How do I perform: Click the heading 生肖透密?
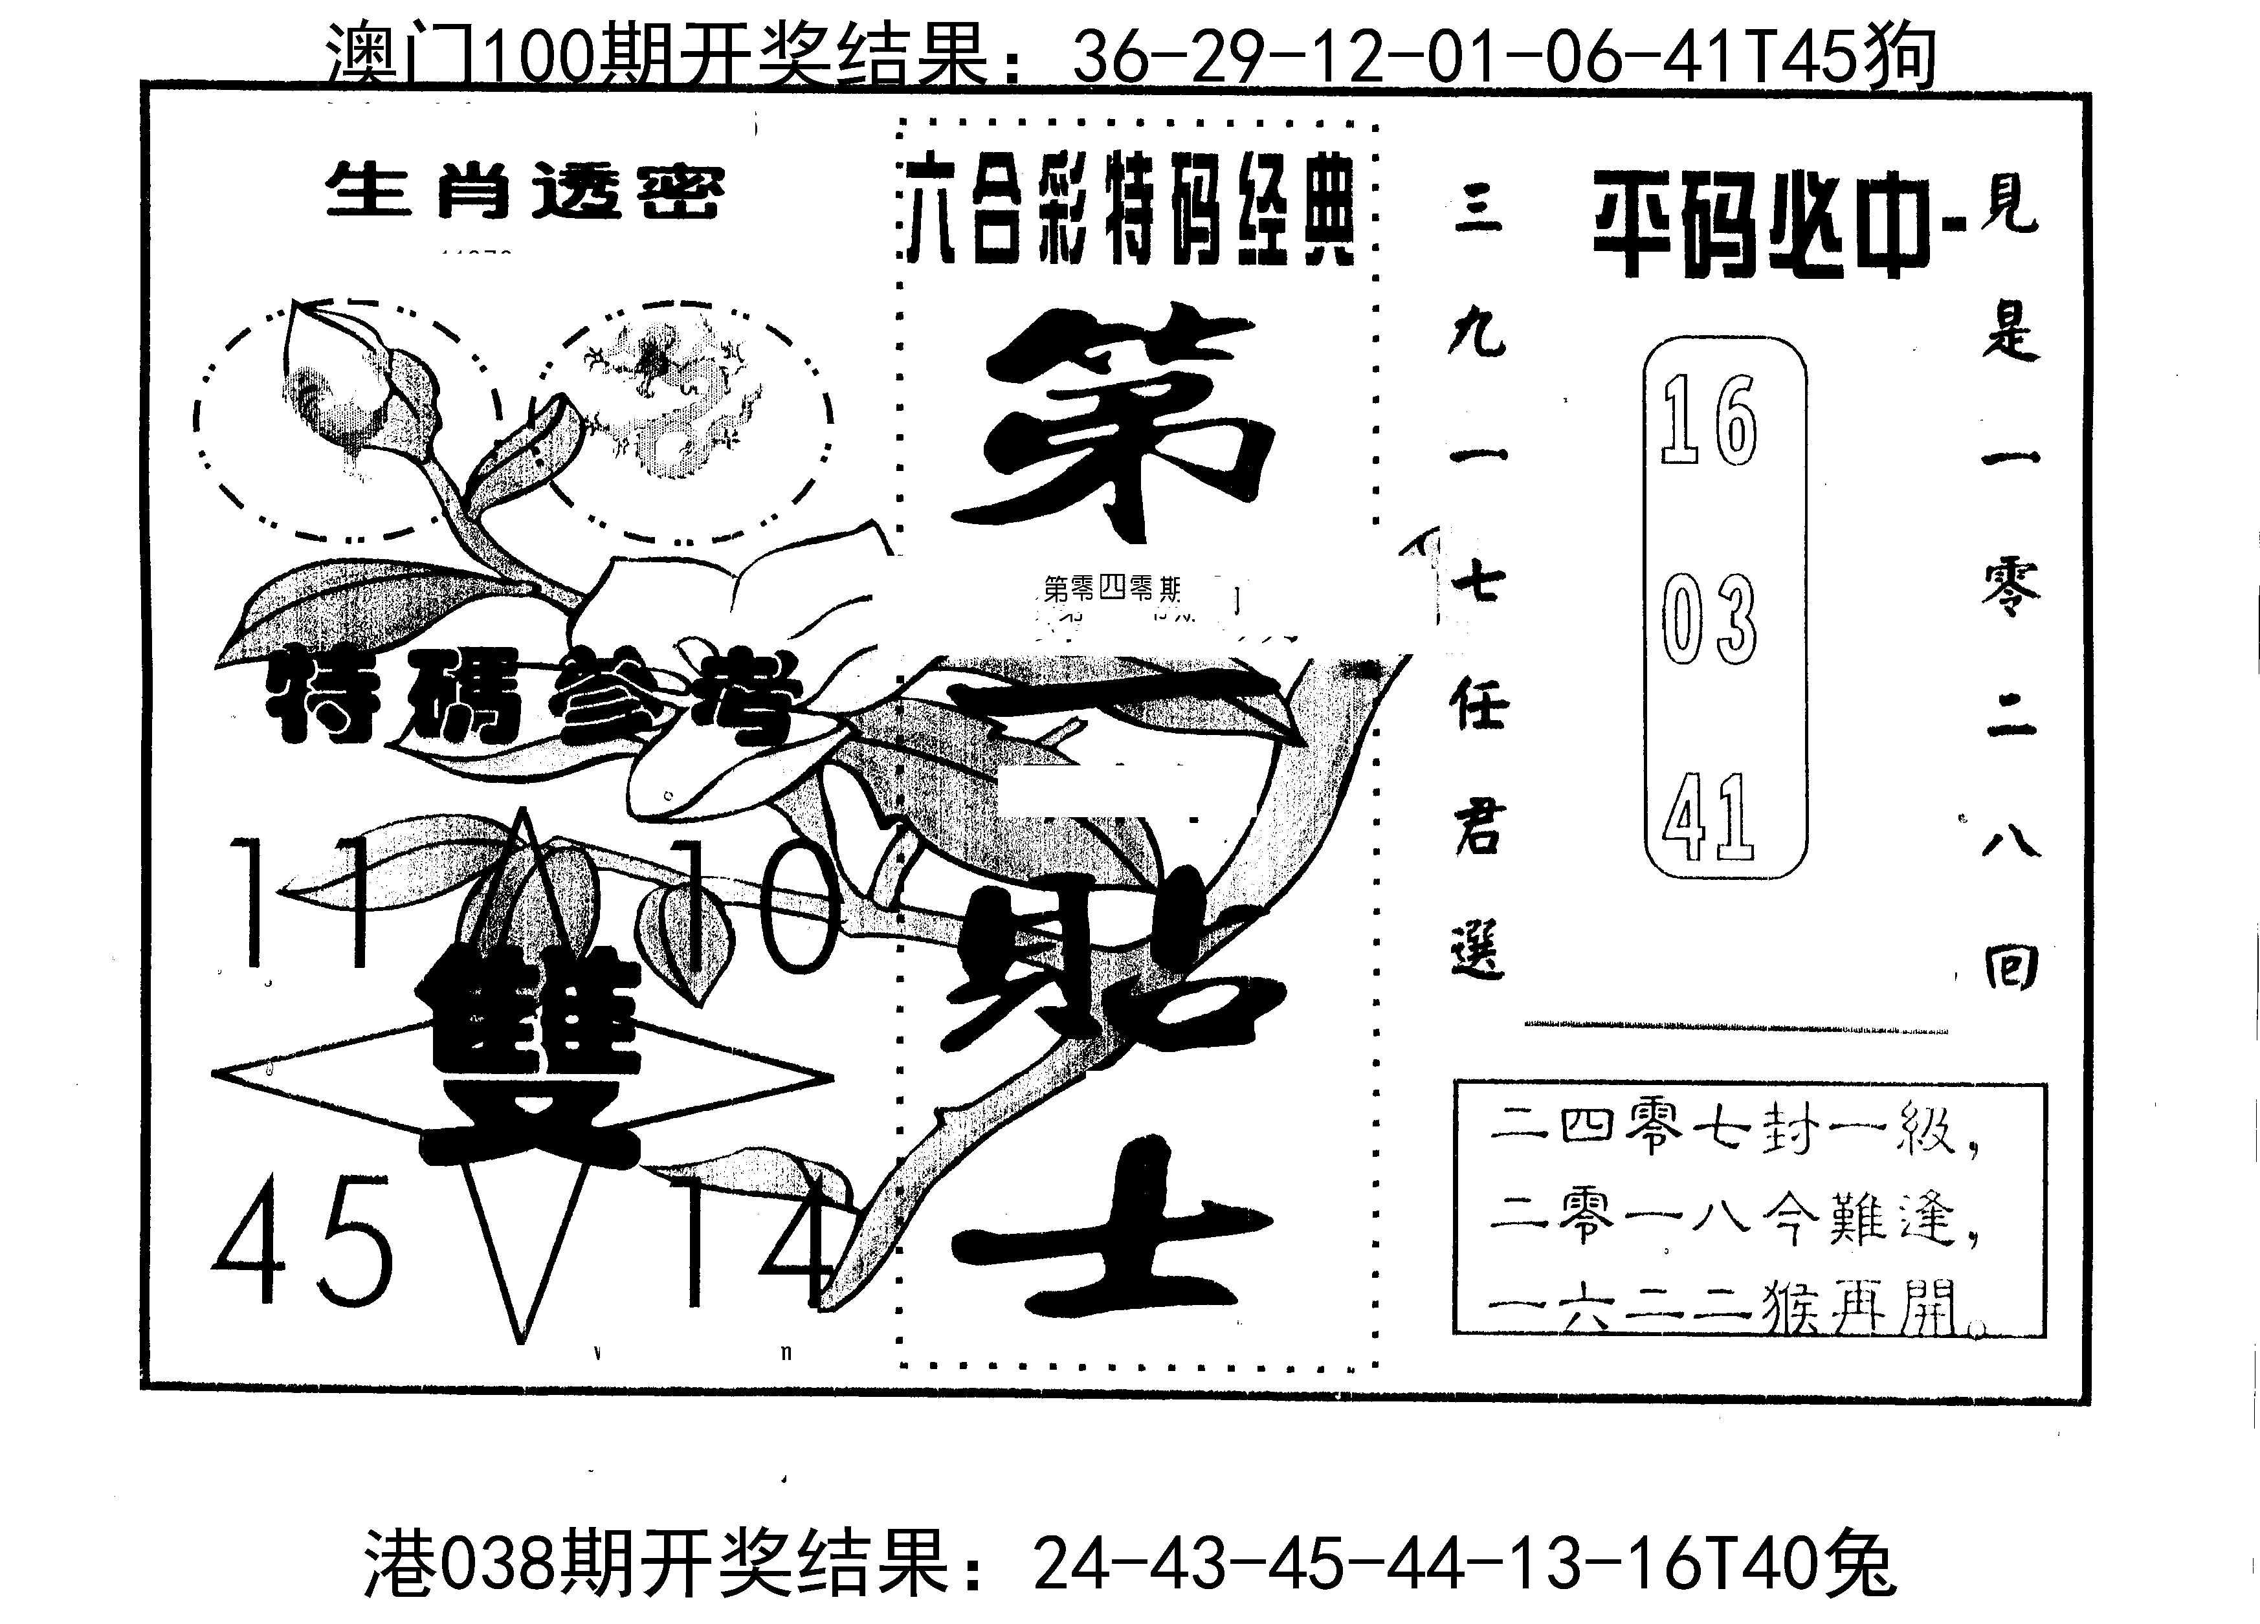tap(525, 192)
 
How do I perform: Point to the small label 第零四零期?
tap(1111, 590)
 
